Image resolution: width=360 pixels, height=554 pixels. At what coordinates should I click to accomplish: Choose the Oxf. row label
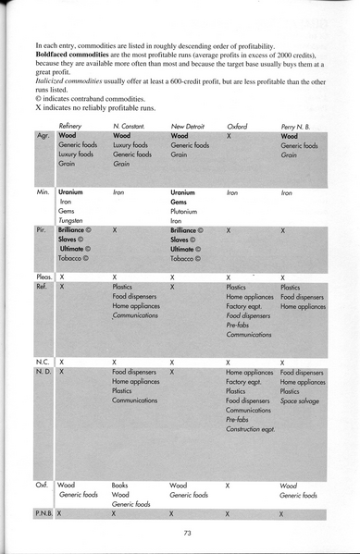(x=43, y=484)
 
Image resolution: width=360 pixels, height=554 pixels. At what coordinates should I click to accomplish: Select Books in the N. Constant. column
(x=121, y=484)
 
